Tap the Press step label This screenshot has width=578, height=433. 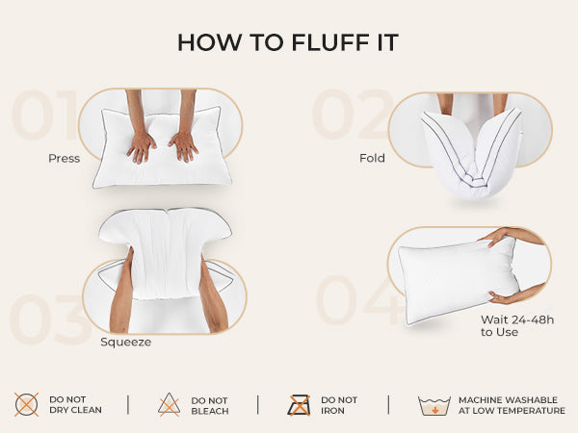65,159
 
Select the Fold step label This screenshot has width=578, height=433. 372,158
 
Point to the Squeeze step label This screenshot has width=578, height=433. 125,342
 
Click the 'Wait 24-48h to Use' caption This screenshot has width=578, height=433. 517,326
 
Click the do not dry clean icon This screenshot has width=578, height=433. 26,404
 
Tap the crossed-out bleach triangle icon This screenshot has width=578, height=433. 170,404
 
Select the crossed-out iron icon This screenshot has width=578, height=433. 299,405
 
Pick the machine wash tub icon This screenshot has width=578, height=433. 434,405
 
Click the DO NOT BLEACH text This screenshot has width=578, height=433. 210,406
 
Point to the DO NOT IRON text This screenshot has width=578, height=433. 339,405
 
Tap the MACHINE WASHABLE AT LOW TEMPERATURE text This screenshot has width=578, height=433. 512,405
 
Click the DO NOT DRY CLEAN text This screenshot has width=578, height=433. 75,405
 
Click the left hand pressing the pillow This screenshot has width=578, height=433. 142,146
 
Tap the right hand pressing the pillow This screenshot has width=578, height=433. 184,146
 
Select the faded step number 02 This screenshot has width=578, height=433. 353,115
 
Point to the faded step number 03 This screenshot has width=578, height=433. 50,318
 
